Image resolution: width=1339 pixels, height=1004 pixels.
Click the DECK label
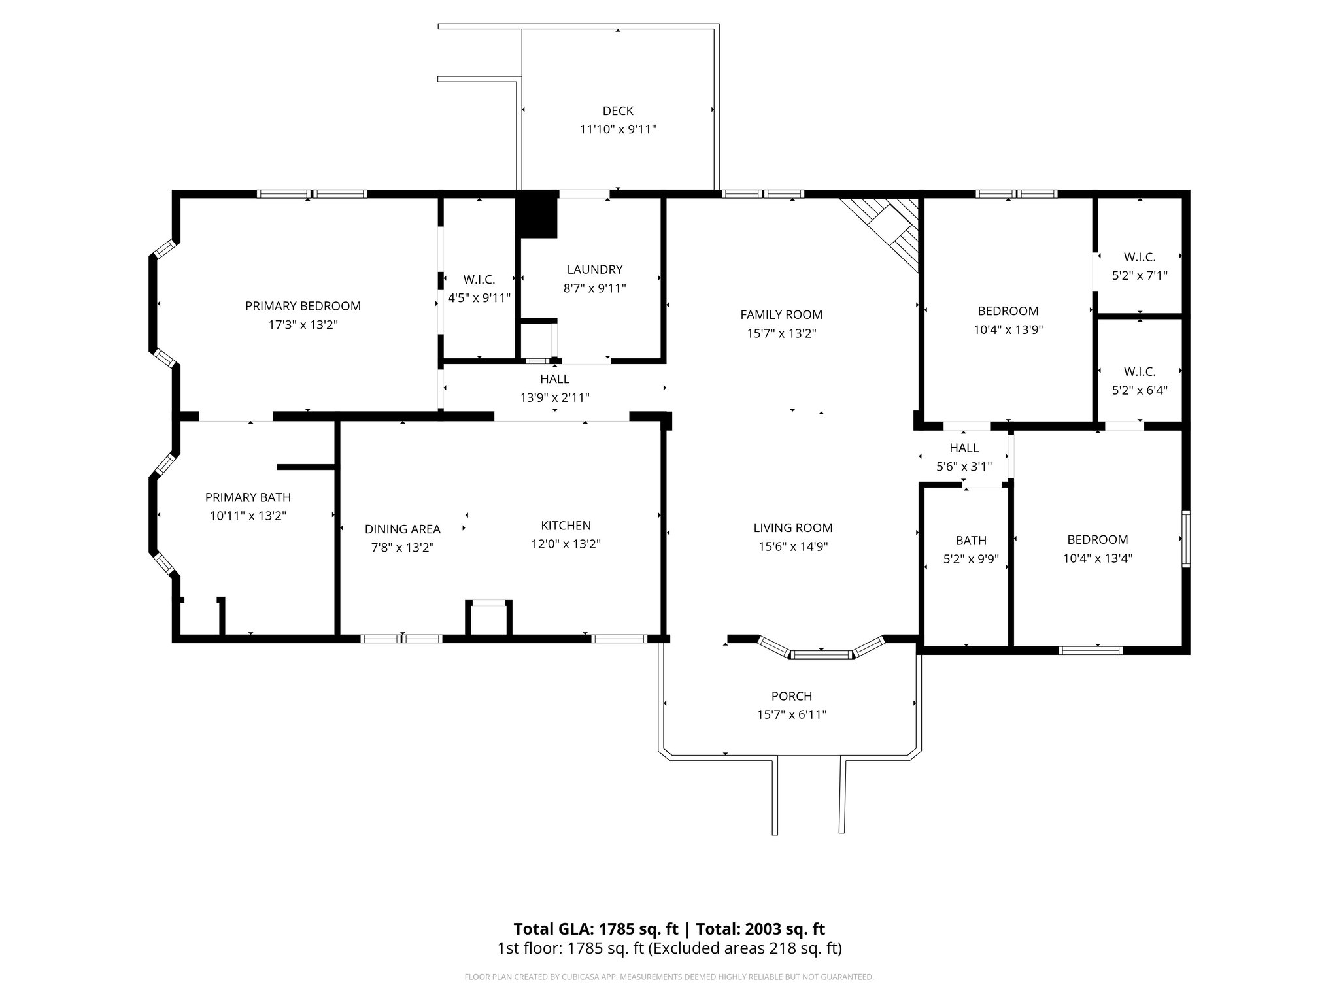[618, 111]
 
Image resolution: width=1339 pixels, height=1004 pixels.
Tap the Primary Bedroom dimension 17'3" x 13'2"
[303, 325]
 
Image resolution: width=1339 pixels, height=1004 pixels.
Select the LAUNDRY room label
[594, 269]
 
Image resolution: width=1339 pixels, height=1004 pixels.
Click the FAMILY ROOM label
[781, 314]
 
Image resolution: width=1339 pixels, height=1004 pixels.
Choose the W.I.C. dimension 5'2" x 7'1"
[1140, 276]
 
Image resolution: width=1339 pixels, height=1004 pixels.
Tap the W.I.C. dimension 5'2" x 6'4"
[1140, 390]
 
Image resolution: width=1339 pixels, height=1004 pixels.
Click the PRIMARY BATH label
[248, 497]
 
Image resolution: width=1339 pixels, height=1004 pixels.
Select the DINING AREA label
[402, 529]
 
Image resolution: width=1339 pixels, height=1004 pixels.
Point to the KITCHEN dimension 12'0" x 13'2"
[566, 544]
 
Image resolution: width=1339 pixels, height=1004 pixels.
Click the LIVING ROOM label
[792, 527]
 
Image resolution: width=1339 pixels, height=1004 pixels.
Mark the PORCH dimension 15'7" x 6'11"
[791, 714]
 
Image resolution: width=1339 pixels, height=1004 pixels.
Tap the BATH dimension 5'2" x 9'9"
[971, 559]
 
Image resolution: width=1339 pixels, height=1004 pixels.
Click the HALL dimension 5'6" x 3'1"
[964, 467]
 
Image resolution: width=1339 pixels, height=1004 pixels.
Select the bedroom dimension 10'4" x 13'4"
[1097, 558]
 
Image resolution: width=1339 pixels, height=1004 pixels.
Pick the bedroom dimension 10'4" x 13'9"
[1008, 329]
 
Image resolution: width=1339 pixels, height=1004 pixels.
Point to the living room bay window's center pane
[821, 653]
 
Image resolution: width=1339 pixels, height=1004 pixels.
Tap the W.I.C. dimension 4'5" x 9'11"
[479, 298]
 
